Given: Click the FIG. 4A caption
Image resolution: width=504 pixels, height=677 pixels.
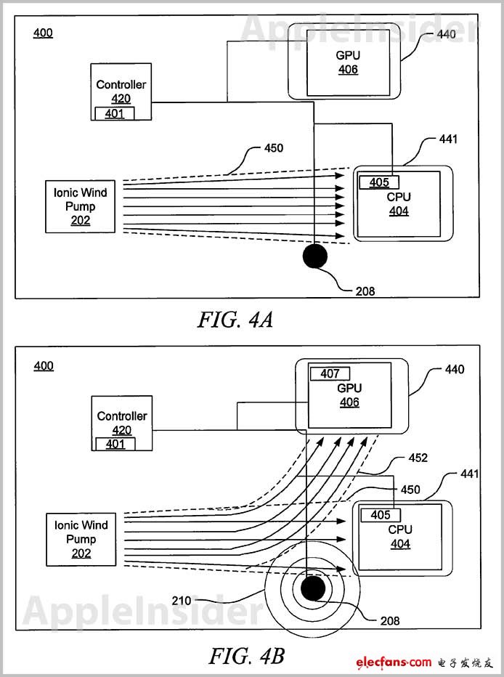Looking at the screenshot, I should point(235,320).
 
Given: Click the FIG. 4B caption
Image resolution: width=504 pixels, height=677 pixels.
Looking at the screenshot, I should point(247,656).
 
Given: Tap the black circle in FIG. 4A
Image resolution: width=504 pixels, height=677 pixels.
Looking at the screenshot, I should point(314,256).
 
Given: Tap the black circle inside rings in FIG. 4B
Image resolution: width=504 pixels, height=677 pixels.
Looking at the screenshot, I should point(314,587).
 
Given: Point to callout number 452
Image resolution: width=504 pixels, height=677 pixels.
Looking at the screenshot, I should point(418,458).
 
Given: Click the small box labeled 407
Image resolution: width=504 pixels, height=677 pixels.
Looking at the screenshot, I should point(330,374).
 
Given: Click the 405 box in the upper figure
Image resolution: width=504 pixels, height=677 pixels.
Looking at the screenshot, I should point(379,182).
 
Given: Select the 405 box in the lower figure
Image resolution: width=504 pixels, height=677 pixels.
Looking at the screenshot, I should point(380,515).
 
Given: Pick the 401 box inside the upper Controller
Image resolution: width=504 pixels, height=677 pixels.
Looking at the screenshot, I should point(115,113).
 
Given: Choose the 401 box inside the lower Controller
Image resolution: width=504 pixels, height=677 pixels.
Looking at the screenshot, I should point(115,444).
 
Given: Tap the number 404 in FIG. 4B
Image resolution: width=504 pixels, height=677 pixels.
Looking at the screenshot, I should point(399,543).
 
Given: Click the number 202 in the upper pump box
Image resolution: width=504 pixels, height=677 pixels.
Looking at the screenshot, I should point(81,221).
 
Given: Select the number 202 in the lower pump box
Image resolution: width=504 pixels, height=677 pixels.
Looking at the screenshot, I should point(81,554).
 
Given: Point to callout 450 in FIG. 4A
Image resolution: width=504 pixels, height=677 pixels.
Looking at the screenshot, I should point(274,148).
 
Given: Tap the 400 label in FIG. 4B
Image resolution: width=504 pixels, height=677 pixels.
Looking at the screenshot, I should point(44,365).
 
